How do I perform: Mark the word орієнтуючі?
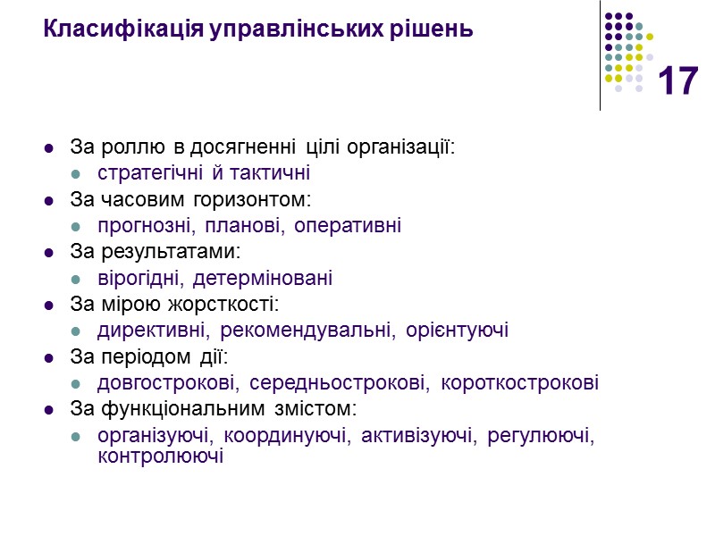(x=458, y=331)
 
